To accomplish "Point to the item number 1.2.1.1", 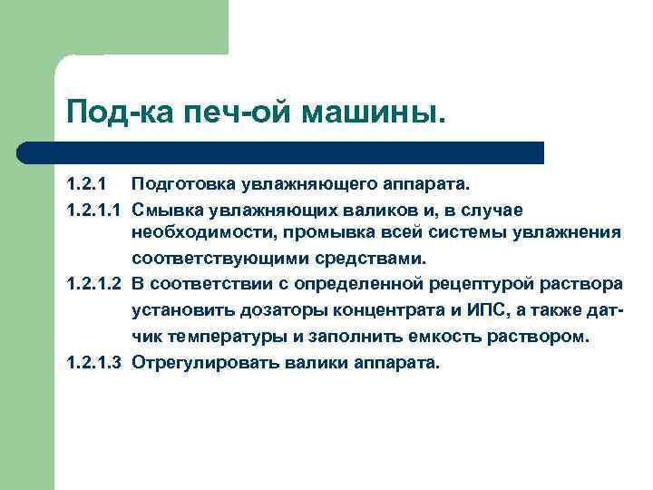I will tap(93, 210).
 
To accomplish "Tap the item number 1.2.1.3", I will tap(93, 362).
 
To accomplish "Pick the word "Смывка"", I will tap(167, 210).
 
